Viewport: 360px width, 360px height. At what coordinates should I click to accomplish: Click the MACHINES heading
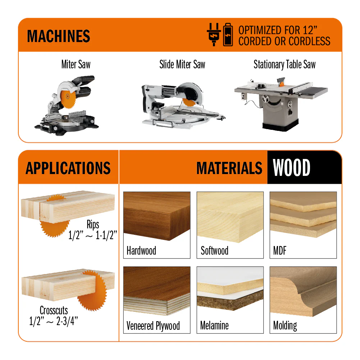[59, 36]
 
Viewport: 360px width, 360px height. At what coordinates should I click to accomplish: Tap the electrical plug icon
[214, 35]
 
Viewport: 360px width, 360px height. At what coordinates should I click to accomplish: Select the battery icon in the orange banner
[228, 35]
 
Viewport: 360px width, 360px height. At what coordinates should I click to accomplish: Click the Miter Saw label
[76, 64]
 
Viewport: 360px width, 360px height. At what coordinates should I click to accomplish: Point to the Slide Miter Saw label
[182, 64]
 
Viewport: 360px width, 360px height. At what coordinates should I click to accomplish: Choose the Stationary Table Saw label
[284, 64]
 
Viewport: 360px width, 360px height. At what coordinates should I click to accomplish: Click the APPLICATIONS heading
[68, 168]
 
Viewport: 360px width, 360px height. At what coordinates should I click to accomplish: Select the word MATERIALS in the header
[229, 168]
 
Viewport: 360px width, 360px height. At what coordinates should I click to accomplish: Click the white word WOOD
[291, 168]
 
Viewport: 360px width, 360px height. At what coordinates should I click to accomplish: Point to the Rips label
[93, 224]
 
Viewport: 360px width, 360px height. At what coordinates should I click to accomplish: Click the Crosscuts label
[54, 310]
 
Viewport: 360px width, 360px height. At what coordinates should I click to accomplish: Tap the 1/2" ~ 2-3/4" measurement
[54, 321]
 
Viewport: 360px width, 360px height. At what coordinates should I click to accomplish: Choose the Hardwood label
[141, 250]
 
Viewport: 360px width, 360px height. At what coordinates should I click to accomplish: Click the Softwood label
[214, 250]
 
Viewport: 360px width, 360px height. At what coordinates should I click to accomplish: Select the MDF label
[280, 250]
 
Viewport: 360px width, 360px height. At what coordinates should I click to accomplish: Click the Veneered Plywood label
[153, 326]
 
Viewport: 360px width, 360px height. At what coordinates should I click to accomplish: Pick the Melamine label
[214, 325]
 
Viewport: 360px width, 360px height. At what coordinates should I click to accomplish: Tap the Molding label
[285, 326]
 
